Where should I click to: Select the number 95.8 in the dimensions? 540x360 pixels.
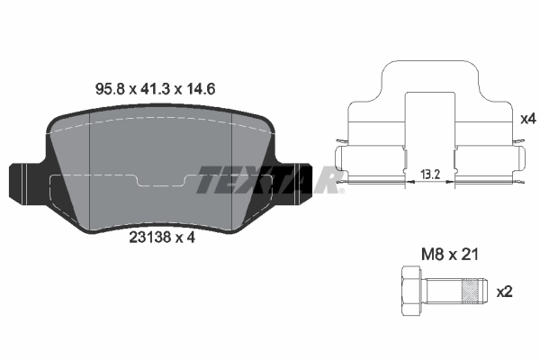pyautogui.click(x=112, y=89)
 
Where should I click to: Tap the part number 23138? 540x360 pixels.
pyautogui.click(x=147, y=239)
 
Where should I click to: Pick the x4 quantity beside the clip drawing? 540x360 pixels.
pyautogui.click(x=526, y=117)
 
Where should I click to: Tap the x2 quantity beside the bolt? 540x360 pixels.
pyautogui.click(x=504, y=292)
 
